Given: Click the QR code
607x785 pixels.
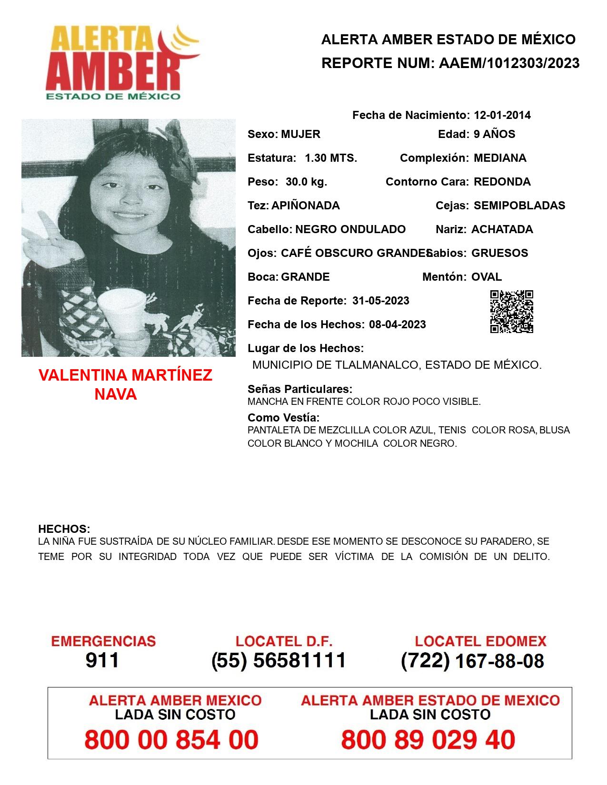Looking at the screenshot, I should click(x=512, y=312).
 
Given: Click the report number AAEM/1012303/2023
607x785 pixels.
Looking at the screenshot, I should click(x=509, y=63).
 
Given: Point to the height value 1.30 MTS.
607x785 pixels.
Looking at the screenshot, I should click(x=330, y=158).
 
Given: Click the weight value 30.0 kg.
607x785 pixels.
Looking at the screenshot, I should click(x=306, y=182).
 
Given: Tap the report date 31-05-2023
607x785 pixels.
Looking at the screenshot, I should click(x=380, y=301).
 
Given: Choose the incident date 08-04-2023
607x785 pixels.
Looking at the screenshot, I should click(x=397, y=324).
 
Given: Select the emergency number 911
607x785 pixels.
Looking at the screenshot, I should click(x=102, y=660).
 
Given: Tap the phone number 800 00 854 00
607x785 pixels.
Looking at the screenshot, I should click(x=171, y=740).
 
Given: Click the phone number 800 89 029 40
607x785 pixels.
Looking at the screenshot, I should click(x=428, y=740).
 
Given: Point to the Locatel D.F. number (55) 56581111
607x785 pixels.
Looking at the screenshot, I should click(x=279, y=660).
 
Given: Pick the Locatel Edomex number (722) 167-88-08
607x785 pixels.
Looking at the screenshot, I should click(x=472, y=661).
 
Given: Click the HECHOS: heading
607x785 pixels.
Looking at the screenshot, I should click(x=64, y=529).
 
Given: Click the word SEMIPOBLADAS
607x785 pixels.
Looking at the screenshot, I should click(x=519, y=206).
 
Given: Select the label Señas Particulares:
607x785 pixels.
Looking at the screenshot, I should click(x=299, y=389).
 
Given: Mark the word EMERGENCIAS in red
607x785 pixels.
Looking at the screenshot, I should click(x=103, y=641).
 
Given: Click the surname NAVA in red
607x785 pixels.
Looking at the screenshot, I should click(x=116, y=394).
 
